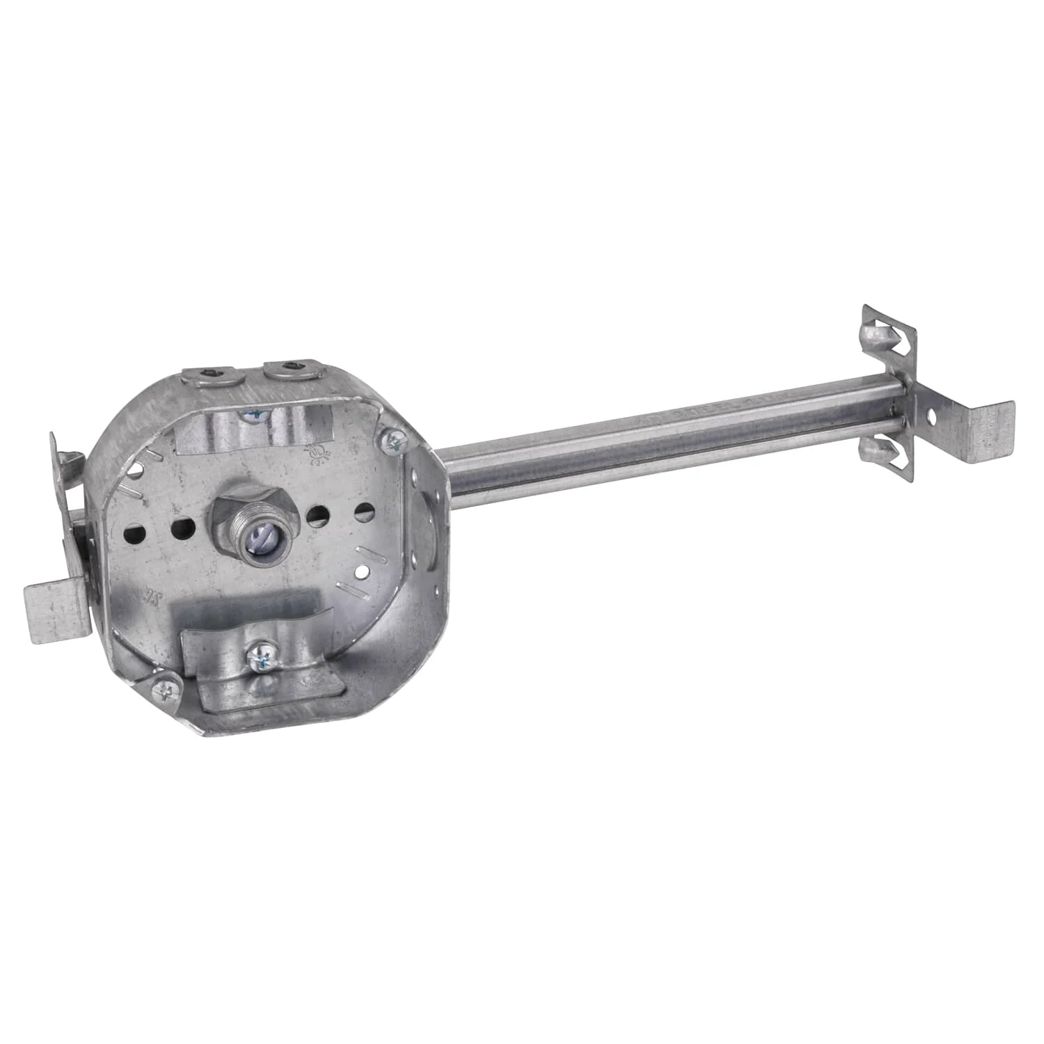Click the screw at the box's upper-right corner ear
coord(393,439)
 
